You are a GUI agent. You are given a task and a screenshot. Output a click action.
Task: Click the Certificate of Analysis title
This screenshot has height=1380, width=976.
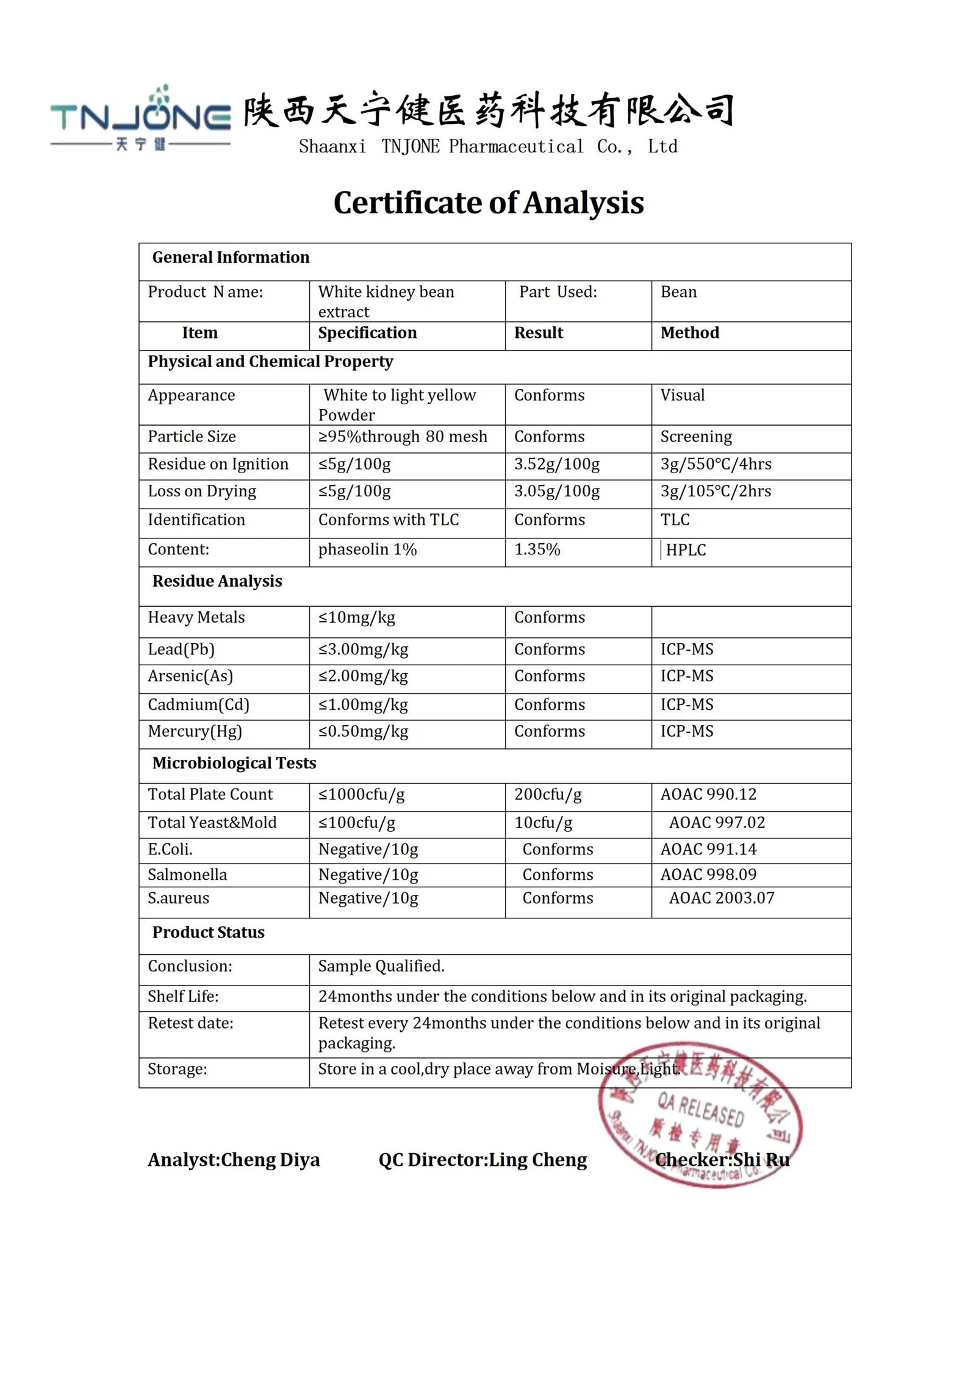click(x=488, y=202)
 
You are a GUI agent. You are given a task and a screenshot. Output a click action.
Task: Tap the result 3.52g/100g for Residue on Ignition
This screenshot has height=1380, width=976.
click(x=556, y=464)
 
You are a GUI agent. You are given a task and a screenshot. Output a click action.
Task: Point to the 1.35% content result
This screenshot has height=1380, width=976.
click(x=537, y=549)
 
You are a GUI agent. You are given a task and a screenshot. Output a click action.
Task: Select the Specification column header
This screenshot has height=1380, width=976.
click(x=367, y=333)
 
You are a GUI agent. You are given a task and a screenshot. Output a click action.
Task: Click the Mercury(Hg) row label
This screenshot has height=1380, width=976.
click(x=195, y=731)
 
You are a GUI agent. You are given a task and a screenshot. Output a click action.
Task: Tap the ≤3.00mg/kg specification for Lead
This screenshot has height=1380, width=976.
click(x=363, y=649)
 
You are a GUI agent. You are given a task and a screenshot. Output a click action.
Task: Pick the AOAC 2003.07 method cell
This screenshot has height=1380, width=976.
click(x=721, y=898)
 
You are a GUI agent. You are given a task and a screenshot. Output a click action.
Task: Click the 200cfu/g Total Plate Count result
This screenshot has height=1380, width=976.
click(x=547, y=795)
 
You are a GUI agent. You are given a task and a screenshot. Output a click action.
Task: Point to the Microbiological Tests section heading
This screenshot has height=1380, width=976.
click(x=234, y=763)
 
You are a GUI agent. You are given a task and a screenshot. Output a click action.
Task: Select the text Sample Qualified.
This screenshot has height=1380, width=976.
click(x=381, y=967)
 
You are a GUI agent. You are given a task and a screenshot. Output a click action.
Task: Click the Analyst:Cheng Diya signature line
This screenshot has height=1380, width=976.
click(x=234, y=1160)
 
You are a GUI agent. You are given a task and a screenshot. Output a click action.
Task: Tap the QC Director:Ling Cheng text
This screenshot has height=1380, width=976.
click(x=482, y=1160)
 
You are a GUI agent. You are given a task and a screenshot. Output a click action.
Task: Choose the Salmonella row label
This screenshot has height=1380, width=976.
click(x=187, y=875)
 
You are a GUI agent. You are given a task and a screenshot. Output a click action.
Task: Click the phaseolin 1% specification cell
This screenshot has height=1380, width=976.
click(x=367, y=549)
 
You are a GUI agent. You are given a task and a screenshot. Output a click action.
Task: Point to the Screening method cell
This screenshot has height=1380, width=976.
click(x=695, y=437)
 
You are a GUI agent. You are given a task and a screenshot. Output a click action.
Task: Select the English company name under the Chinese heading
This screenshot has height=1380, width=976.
click(x=487, y=147)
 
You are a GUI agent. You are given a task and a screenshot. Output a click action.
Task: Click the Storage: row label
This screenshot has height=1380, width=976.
click(x=177, y=1069)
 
